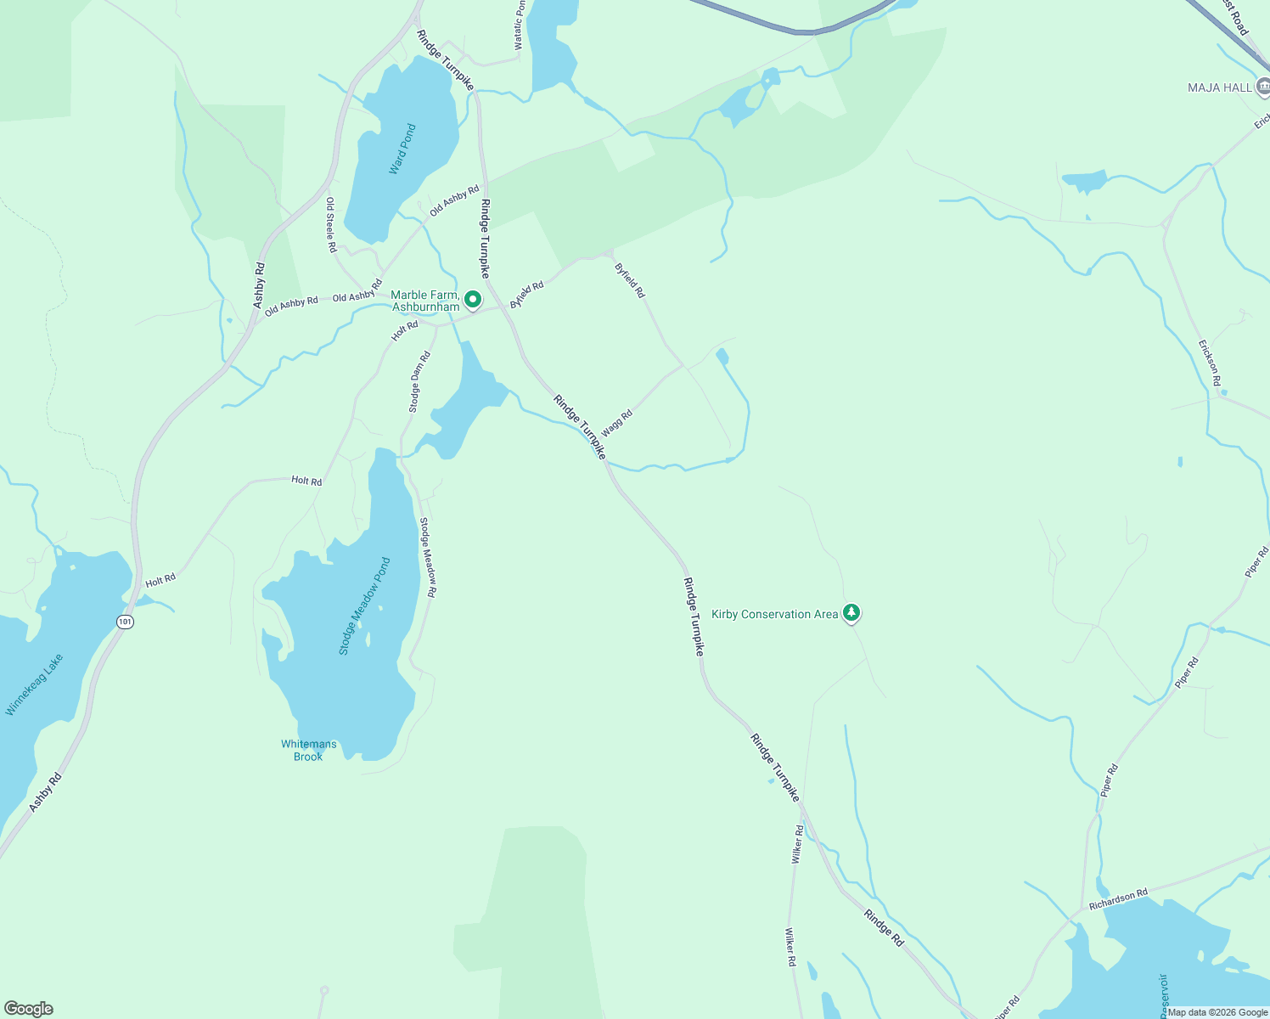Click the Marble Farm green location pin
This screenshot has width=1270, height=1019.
click(x=473, y=300)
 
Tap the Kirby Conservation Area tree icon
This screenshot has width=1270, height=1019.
click(x=851, y=613)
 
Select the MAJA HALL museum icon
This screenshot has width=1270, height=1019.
click(x=1263, y=87)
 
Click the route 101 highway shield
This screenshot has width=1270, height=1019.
click(x=126, y=622)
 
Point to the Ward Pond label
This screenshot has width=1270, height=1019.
click(x=402, y=149)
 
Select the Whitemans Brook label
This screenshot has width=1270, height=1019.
click(x=309, y=751)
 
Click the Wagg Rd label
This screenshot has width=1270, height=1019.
click(x=617, y=422)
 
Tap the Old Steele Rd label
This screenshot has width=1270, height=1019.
click(x=331, y=225)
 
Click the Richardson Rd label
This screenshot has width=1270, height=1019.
click(x=1118, y=899)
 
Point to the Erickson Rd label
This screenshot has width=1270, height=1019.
click(x=1210, y=363)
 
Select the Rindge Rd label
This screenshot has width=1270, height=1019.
click(x=884, y=928)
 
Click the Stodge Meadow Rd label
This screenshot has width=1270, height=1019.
click(x=428, y=558)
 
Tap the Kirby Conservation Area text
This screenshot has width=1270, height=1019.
click(x=774, y=614)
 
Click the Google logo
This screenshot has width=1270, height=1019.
click(x=28, y=1009)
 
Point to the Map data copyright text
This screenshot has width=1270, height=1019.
click(x=1217, y=1012)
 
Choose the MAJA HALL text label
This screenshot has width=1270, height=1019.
click(x=1220, y=87)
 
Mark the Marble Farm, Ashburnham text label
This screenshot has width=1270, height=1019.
click(x=425, y=301)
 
